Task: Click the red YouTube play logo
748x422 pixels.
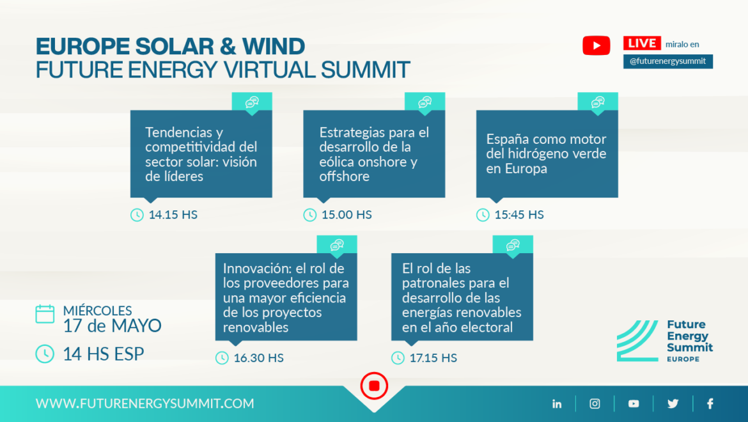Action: coord(596,46)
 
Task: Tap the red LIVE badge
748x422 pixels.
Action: coord(642,43)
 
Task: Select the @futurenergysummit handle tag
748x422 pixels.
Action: coord(668,61)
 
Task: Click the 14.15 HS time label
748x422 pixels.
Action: coord(173,215)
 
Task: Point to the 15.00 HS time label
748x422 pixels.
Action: coord(347,215)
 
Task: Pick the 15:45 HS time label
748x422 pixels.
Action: coord(519,215)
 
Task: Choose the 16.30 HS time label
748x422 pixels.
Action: coord(258,357)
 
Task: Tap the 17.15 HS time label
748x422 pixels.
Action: coord(433,357)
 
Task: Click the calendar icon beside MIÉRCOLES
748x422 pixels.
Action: coord(45,314)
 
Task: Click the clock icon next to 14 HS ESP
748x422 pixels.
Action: coord(45,354)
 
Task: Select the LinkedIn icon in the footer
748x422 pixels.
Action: coord(557,404)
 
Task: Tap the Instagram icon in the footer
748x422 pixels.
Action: coord(595,404)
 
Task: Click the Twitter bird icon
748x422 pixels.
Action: coord(673,404)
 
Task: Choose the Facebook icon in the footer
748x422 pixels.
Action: coord(710,404)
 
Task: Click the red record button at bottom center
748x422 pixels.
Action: coord(374,386)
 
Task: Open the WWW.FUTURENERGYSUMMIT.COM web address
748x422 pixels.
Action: coord(145,403)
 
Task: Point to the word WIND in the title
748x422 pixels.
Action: coord(274,46)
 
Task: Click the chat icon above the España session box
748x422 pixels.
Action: coord(598,102)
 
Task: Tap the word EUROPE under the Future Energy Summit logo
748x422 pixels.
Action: coord(683,359)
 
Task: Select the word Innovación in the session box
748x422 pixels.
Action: coord(255,268)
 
